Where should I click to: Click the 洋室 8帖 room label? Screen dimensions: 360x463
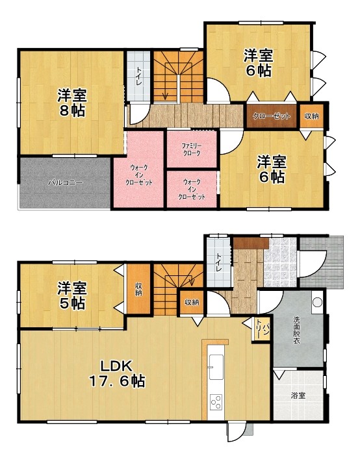point(72,103)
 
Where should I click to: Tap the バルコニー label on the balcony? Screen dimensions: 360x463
point(66,182)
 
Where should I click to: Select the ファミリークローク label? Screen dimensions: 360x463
point(192,149)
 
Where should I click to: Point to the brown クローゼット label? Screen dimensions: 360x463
point(272,116)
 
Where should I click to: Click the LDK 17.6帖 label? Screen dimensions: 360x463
point(117,373)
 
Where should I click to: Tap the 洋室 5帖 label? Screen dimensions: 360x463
point(72,295)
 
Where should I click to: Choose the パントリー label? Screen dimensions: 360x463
point(262,329)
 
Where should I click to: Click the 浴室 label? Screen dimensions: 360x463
point(298,395)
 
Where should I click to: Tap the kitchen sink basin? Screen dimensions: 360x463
point(216,367)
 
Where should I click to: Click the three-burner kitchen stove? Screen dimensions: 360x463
point(216,402)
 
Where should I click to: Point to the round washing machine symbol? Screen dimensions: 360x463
point(318,302)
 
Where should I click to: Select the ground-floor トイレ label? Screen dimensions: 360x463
point(219,263)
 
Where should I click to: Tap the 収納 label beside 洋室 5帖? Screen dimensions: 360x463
point(138,290)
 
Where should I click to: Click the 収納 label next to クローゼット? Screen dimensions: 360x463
point(312,116)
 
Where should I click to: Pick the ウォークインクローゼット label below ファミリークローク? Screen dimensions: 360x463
point(192,189)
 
